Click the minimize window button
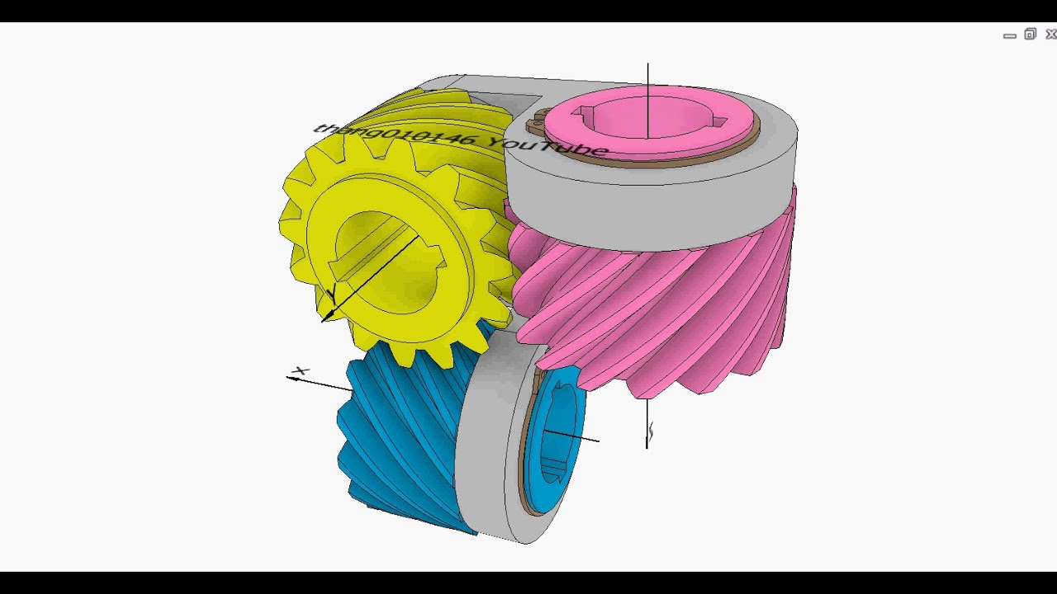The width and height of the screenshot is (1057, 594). (x=1009, y=35)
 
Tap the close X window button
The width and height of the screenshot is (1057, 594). (x=1050, y=35)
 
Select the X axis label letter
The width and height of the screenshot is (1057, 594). (x=301, y=371)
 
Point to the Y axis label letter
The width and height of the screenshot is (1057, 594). (x=333, y=292)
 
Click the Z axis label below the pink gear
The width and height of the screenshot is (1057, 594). (x=651, y=431)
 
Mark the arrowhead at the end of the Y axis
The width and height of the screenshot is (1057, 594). (x=327, y=316)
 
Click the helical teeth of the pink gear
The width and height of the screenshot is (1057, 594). (x=661, y=313)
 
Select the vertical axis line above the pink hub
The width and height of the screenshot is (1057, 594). (x=647, y=78)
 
